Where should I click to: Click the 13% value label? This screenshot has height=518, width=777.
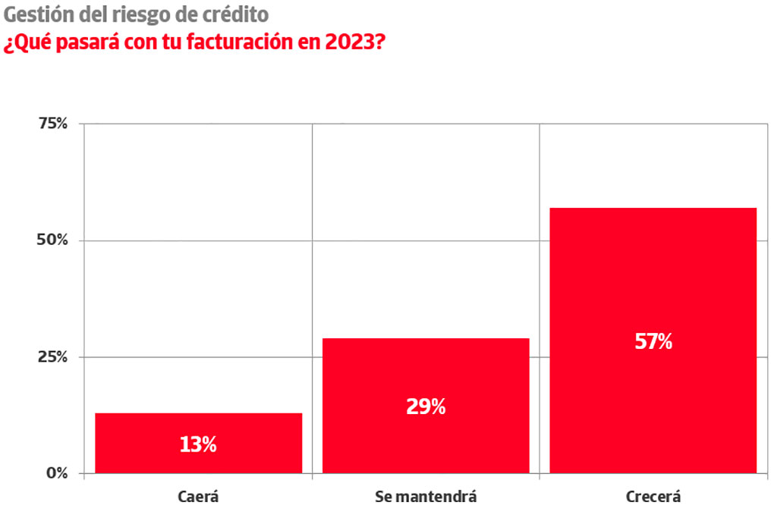(198, 444)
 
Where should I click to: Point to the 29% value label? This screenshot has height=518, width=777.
(426, 407)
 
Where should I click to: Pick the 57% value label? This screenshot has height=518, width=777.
(653, 341)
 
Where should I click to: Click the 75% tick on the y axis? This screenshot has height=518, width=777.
(53, 124)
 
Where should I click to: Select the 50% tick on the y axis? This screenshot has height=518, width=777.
(53, 240)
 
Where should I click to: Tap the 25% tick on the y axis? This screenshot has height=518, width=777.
(53, 356)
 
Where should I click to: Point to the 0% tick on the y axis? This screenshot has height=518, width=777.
(58, 473)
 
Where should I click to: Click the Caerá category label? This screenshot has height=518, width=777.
(198, 498)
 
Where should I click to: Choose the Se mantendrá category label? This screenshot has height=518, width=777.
(426, 498)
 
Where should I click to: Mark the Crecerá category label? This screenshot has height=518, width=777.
(653, 498)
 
